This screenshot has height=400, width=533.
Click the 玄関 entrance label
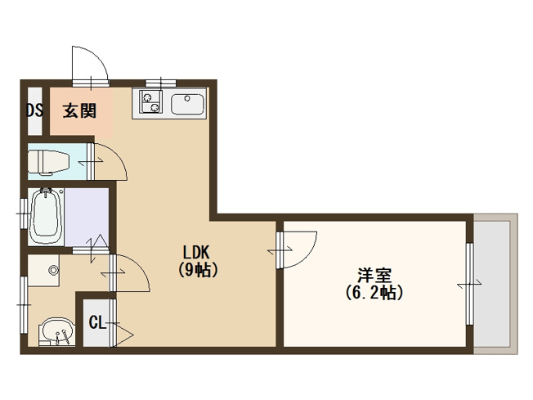(x=79, y=110)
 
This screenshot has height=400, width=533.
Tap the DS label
(x=35, y=110)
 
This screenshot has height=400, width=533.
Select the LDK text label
(x=196, y=253)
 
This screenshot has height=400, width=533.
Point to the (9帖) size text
(x=198, y=270)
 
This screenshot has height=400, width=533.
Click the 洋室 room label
(x=374, y=276)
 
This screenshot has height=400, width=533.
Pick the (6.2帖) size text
(x=374, y=292)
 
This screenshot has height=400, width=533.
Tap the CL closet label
(x=97, y=322)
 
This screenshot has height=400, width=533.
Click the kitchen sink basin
(x=188, y=104)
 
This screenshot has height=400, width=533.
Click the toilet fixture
(x=48, y=163)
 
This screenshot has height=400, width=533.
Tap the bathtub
(x=47, y=216)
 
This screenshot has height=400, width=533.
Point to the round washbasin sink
(x=56, y=331)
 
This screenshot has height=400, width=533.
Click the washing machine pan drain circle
(x=53, y=271)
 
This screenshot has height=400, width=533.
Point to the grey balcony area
(x=492, y=284)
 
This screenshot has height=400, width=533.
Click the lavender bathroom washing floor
(x=87, y=217)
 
